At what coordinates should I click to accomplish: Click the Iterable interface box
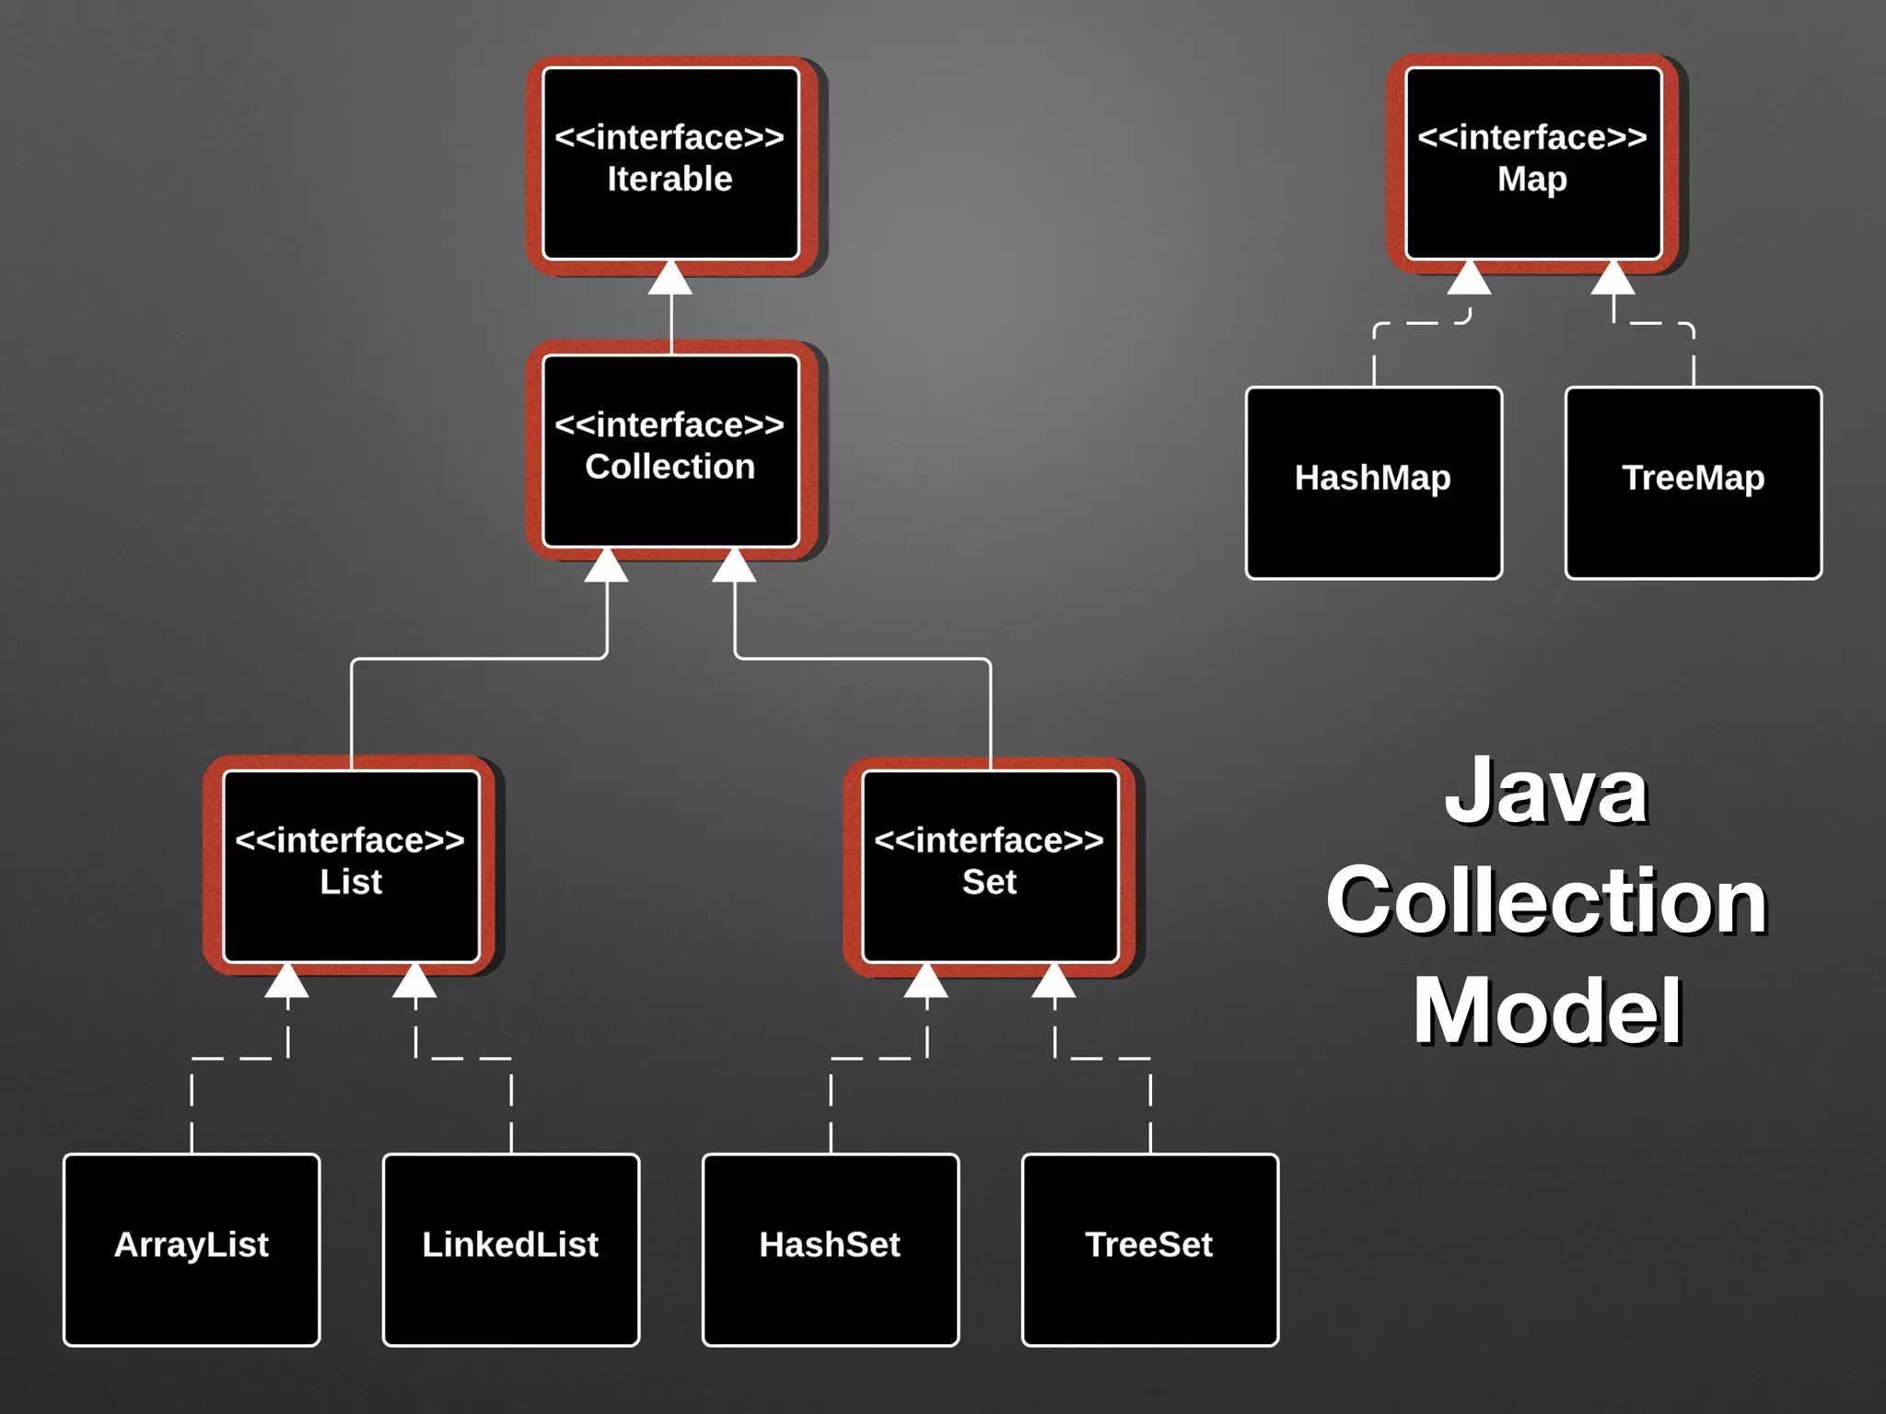pyautogui.click(x=670, y=164)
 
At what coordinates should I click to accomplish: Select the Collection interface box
pyautogui.click(x=670, y=451)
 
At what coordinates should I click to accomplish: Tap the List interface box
pyautogui.click(x=351, y=866)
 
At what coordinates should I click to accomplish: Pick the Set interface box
pyautogui.click(x=990, y=866)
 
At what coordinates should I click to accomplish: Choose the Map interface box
pyautogui.click(x=1532, y=164)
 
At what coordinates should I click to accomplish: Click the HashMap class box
pyautogui.click(x=1373, y=482)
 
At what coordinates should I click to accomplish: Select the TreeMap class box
pyautogui.click(x=1693, y=482)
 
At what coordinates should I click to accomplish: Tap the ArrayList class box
pyautogui.click(x=192, y=1249)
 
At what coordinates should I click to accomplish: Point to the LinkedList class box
pyautogui.click(x=511, y=1249)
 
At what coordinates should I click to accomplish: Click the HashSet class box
pyautogui.click(x=831, y=1249)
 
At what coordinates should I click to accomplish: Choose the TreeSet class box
pyautogui.click(x=1149, y=1249)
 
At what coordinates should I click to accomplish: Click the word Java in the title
pyautogui.click(x=1546, y=792)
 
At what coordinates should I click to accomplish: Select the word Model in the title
pyautogui.click(x=1548, y=1011)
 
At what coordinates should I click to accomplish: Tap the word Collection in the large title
pyautogui.click(x=1546, y=901)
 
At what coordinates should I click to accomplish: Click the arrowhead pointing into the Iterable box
pyautogui.click(x=670, y=279)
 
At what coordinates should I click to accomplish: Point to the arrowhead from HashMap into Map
pyautogui.click(x=1469, y=279)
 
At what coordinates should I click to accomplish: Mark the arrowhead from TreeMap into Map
pyautogui.click(x=1613, y=279)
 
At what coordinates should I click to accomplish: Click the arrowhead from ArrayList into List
pyautogui.click(x=287, y=982)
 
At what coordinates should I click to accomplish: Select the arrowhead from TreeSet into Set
pyautogui.click(x=1054, y=982)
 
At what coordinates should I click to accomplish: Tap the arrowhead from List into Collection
pyautogui.click(x=607, y=566)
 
